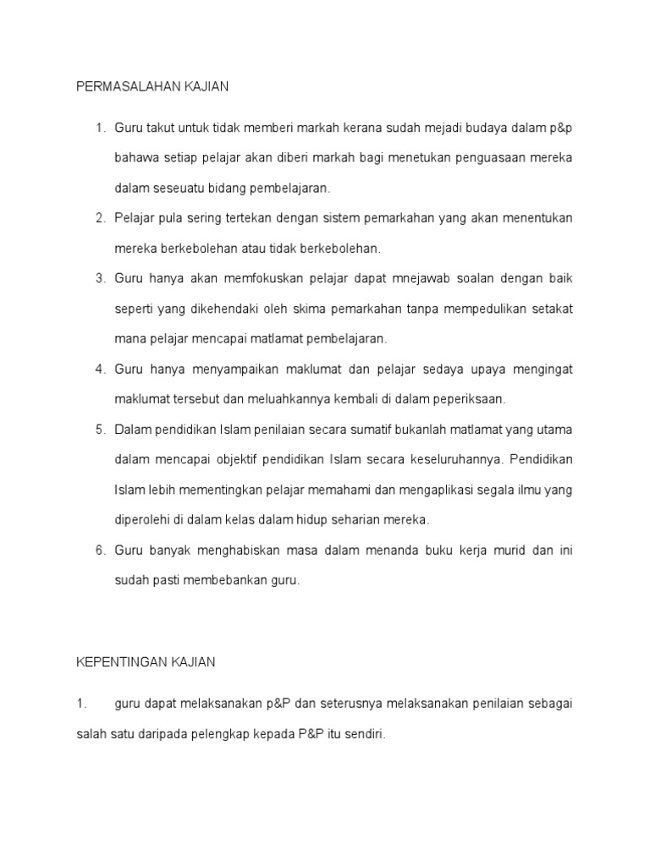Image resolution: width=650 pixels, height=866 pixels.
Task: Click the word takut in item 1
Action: (x=162, y=128)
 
